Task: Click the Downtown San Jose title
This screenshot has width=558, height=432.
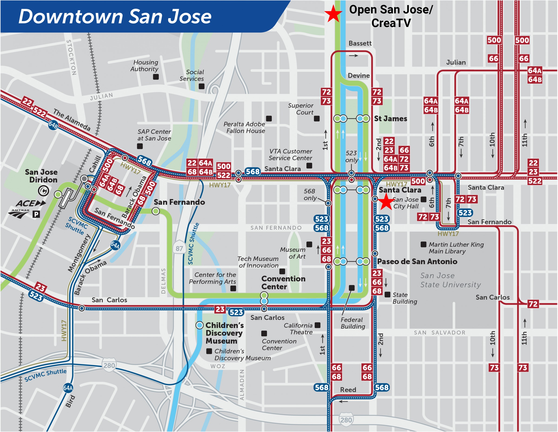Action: pos(115,16)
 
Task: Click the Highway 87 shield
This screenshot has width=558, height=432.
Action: pos(179,248)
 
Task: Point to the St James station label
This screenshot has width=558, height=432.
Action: pos(390,119)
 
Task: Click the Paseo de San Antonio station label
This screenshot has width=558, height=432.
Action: pos(417,261)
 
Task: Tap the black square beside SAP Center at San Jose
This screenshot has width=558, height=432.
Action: pos(140,146)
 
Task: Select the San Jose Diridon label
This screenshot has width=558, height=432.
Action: pos(41,176)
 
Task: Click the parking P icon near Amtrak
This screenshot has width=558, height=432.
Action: pos(36,214)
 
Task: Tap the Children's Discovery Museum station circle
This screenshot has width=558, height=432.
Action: pos(199,325)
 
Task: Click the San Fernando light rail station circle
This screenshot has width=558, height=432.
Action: pos(156,211)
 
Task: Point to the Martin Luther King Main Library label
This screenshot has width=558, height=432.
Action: pos(456,248)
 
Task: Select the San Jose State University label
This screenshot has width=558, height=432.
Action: pos(450,280)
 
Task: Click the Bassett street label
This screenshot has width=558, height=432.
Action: pos(360,43)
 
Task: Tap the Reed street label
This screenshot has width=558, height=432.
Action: pos(348,390)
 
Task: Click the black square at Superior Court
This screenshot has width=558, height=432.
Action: pos(317,118)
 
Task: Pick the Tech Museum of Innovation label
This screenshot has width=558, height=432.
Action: pos(258,262)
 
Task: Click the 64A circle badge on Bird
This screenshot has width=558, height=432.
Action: pos(68,388)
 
